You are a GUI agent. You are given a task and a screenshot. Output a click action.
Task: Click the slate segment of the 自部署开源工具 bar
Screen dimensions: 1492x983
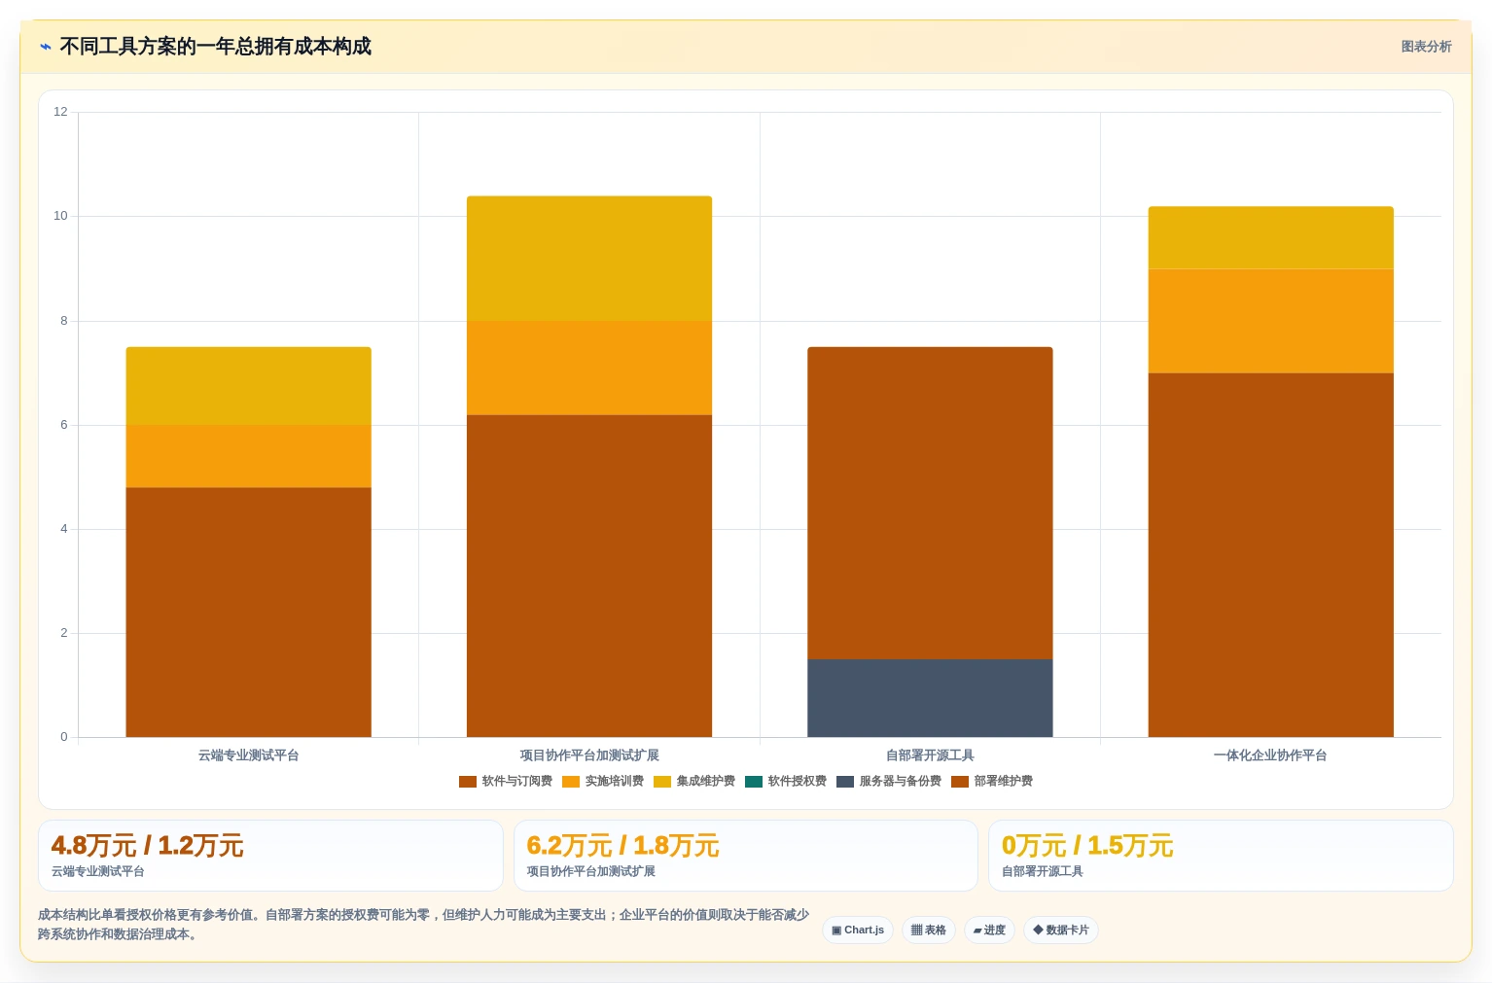pos(930,698)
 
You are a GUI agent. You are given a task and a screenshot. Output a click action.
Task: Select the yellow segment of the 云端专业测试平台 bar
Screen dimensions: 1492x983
pos(248,386)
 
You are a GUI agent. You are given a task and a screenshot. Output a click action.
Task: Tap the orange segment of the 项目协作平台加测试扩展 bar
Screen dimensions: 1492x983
pos(589,369)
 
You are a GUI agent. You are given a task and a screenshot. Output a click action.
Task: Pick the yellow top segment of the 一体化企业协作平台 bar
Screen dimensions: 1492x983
pos(1271,238)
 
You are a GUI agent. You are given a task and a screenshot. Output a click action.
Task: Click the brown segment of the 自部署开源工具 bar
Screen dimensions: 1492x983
pos(930,503)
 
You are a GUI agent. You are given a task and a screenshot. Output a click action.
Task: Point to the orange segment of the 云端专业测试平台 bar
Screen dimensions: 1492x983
pos(248,456)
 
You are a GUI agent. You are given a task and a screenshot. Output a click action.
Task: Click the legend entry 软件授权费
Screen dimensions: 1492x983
pos(786,781)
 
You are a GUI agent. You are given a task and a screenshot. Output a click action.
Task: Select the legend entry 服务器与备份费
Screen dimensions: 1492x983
pos(889,781)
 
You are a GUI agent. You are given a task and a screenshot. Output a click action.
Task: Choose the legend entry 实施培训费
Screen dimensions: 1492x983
pos(603,781)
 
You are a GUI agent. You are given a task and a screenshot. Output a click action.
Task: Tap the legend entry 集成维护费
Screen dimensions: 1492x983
pos(694,781)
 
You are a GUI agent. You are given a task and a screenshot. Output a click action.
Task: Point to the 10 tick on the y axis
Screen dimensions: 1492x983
pos(60,216)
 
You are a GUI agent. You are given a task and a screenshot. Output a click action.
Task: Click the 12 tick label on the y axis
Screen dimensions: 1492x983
pos(60,111)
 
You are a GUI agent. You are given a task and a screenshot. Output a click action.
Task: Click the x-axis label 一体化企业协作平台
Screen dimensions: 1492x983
pos(1270,755)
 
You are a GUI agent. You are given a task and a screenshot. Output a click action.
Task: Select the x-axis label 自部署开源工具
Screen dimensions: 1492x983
pos(930,755)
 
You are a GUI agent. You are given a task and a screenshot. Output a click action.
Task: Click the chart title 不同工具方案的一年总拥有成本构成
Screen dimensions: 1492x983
pos(215,47)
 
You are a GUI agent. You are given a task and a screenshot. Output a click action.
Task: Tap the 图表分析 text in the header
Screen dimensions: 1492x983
pos(1426,47)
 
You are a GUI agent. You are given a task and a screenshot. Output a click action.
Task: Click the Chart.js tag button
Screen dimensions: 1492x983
pos(858,930)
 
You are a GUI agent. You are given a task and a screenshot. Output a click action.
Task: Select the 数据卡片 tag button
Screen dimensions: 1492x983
pos(1060,930)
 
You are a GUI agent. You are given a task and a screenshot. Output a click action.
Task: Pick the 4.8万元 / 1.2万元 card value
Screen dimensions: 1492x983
pos(147,846)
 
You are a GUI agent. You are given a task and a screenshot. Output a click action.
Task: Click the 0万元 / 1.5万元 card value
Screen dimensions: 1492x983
pos(1087,846)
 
